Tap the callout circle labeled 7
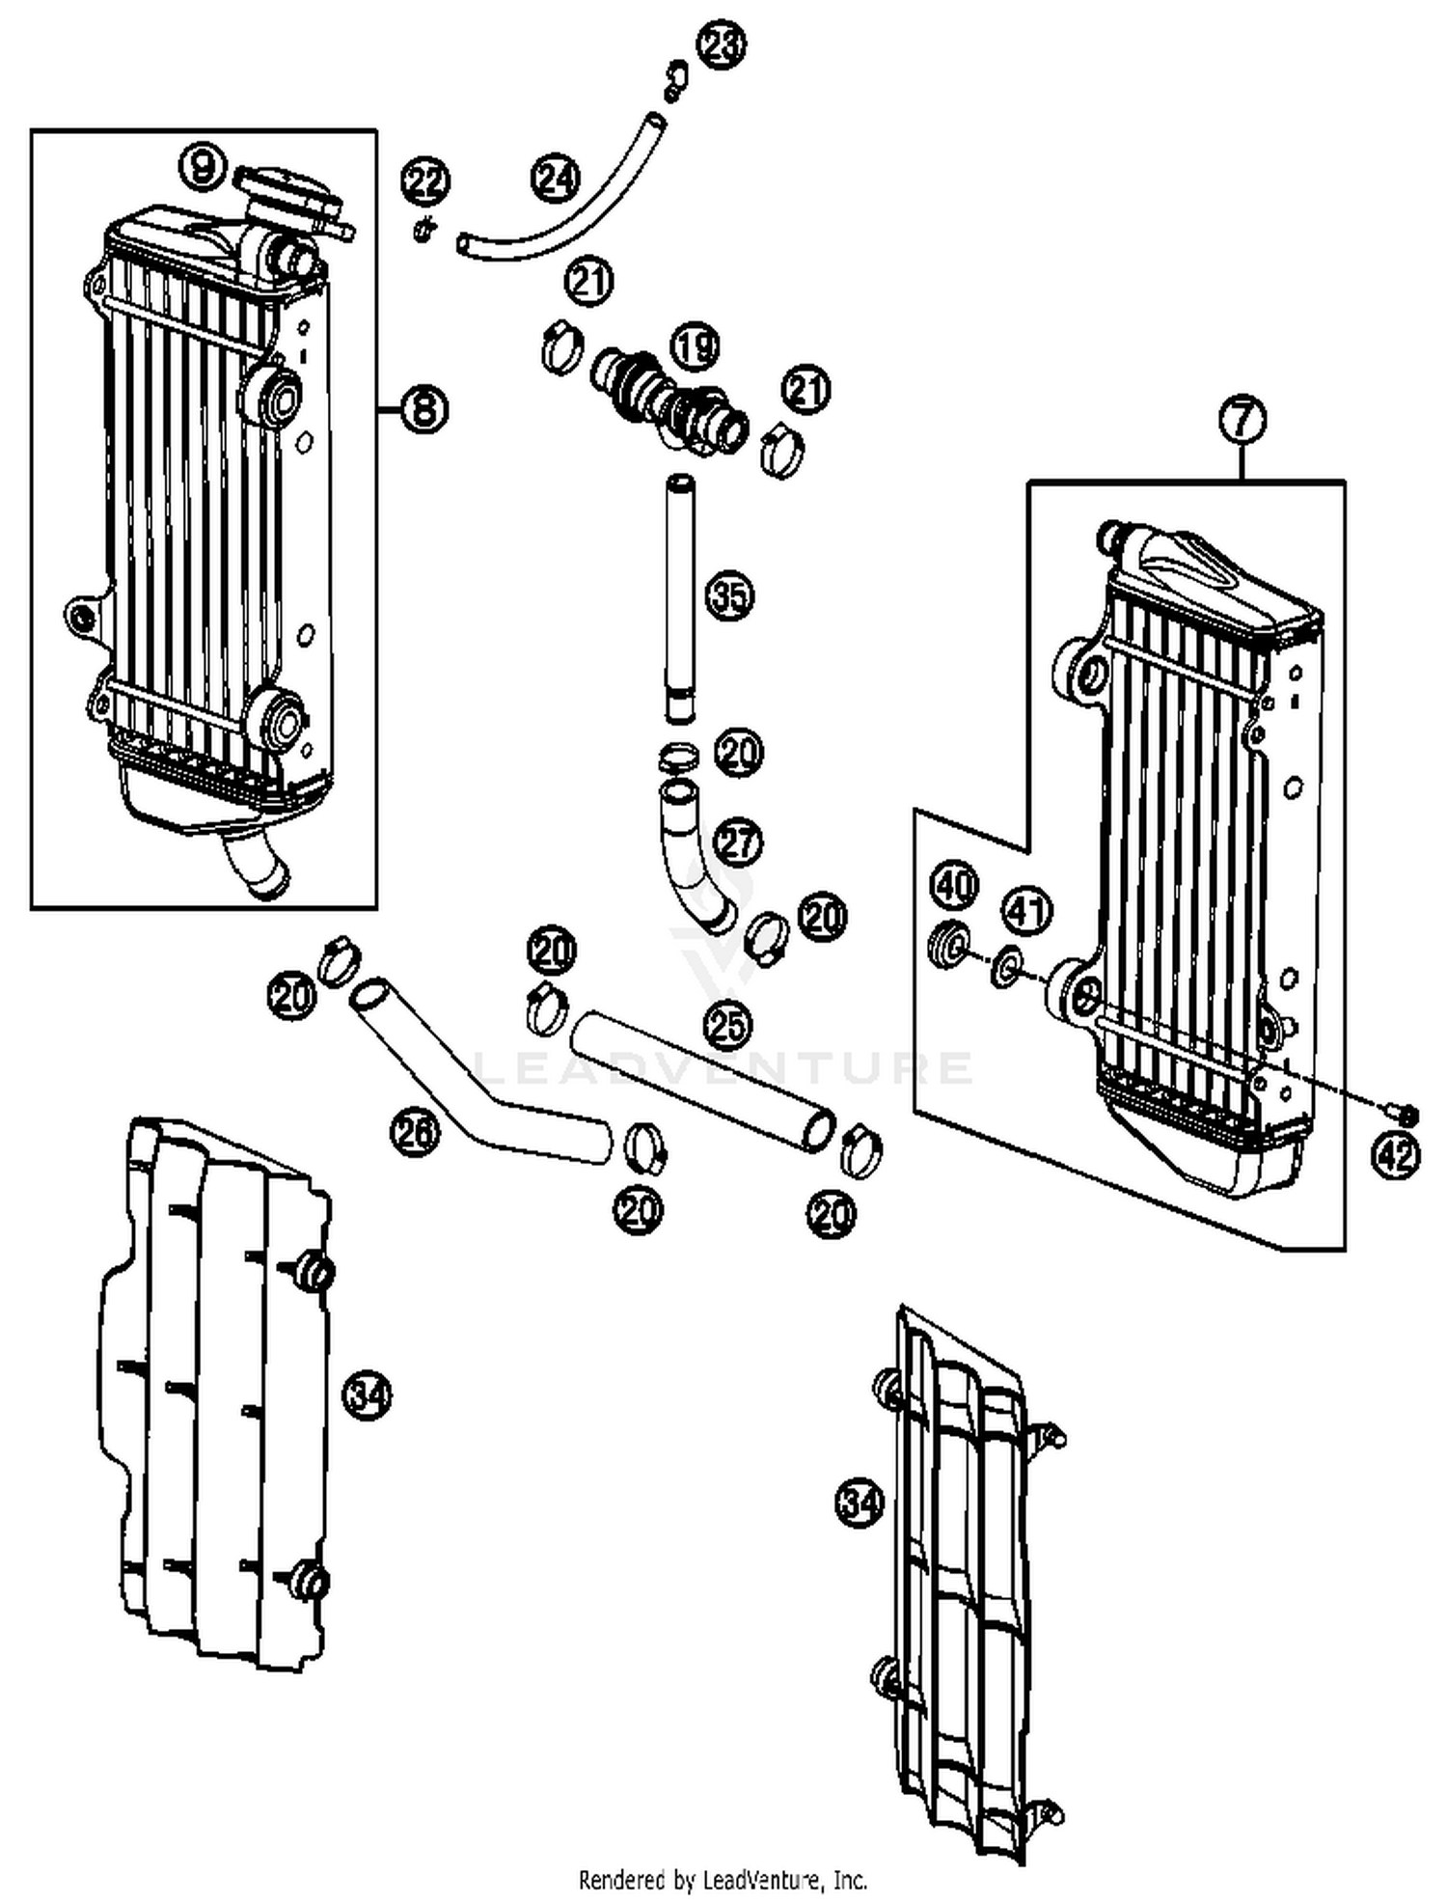[x=1242, y=421]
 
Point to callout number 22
[x=426, y=181]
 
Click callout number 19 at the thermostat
[x=695, y=347]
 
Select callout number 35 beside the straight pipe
[x=729, y=595]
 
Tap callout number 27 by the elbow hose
[x=737, y=842]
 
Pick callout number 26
[x=415, y=1131]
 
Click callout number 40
[x=954, y=885]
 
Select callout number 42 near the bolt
[x=1396, y=1155]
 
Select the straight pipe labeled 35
[x=680, y=598]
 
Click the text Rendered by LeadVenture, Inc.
[x=723, y=1881]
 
